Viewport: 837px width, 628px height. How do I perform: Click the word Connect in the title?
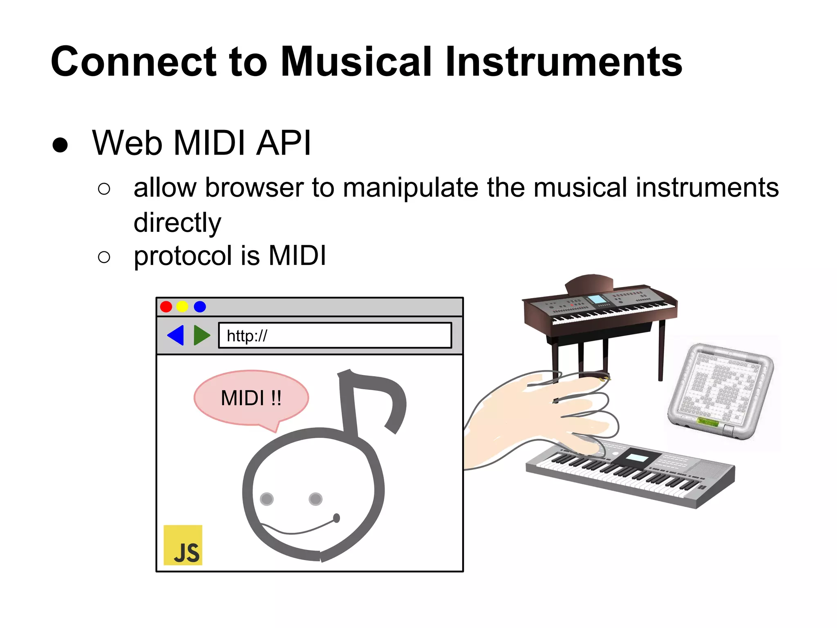point(133,62)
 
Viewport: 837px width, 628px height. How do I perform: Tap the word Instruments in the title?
point(564,62)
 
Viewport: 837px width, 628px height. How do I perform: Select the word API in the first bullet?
point(283,143)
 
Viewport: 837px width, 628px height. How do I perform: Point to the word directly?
point(177,223)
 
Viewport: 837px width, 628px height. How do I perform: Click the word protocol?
point(182,256)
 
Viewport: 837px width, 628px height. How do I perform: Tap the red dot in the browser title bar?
point(166,307)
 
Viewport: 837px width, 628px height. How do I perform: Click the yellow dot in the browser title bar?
point(182,307)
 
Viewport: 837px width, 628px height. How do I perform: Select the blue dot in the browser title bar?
point(200,307)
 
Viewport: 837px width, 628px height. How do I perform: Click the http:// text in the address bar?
point(246,336)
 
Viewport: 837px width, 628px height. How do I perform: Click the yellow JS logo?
point(183,545)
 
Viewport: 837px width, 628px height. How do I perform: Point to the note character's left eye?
point(266,499)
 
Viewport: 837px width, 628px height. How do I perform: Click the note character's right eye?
point(316,499)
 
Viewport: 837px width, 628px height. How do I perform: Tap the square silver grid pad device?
point(720,390)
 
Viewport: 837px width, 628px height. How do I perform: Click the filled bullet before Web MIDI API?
point(60,145)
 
